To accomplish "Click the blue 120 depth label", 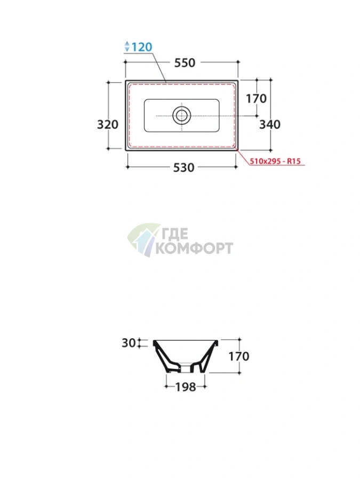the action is tap(142, 47).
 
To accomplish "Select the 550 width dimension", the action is tap(185, 63).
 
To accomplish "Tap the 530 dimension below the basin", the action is tap(183, 167).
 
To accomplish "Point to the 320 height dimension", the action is tap(107, 124).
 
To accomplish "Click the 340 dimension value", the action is tap(270, 124).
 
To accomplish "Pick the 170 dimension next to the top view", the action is tap(256, 99).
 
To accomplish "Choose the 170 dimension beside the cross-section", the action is tap(239, 356).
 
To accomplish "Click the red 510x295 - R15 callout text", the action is tap(275, 161).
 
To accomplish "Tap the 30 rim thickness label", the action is tap(129, 343).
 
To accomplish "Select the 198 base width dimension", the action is tap(186, 387).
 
